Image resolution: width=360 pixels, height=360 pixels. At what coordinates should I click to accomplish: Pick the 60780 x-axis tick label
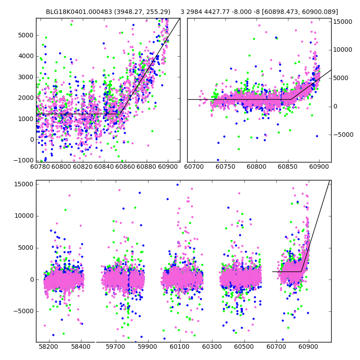40,167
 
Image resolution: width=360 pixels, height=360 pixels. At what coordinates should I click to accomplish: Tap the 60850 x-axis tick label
288,167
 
